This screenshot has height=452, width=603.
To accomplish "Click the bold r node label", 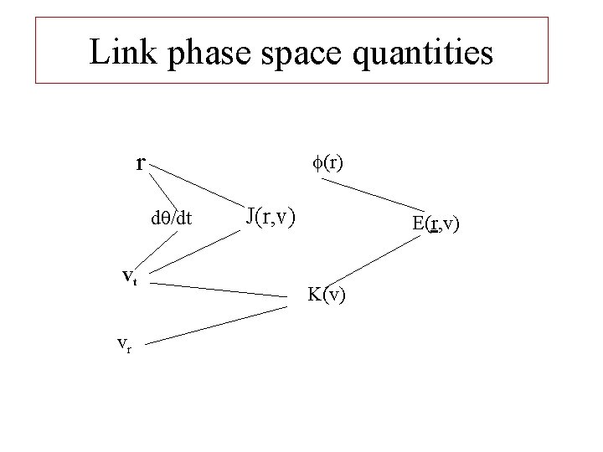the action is point(142,162).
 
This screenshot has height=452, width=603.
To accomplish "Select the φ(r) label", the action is point(327,162).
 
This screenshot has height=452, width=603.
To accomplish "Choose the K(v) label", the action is point(327,295).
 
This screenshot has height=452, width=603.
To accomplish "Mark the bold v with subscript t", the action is point(130,277).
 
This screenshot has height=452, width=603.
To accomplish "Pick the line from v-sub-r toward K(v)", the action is point(222,324).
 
